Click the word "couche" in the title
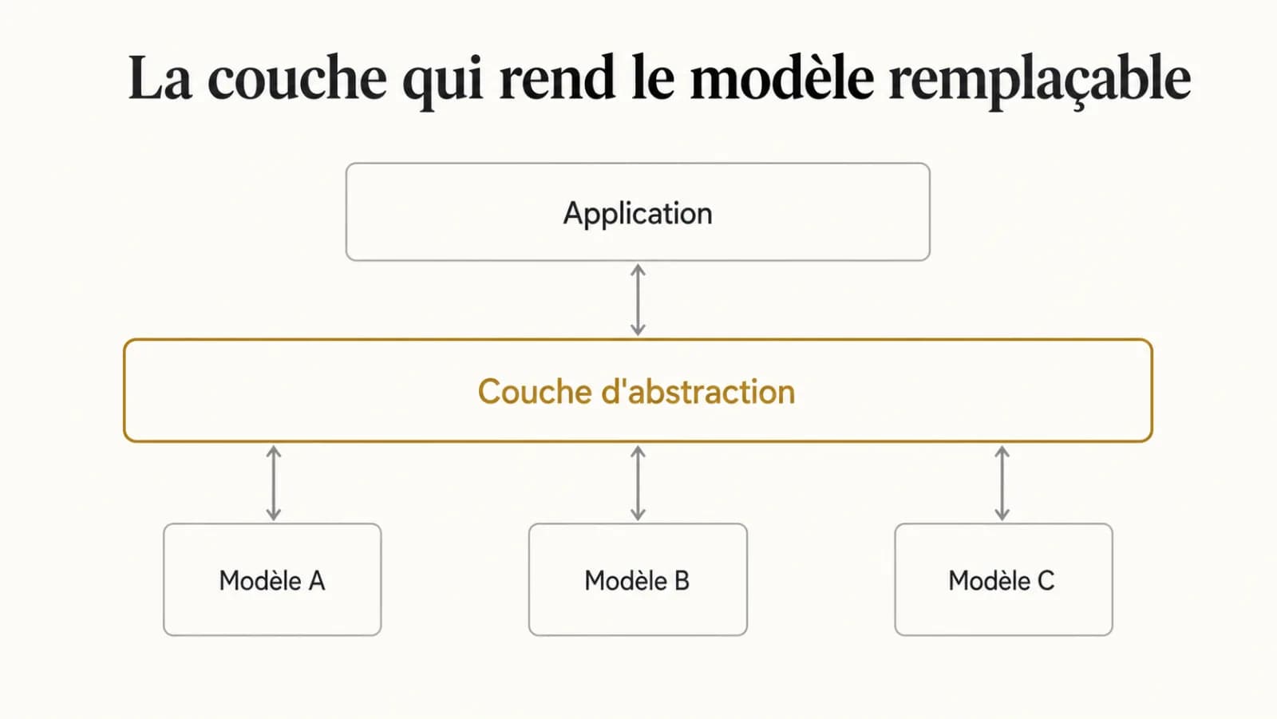[297, 78]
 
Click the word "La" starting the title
[160, 78]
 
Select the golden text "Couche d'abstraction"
[636, 392]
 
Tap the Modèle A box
[272, 579]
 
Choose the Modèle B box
[638, 579]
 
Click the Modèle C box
[1003, 579]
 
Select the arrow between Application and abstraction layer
[638, 300]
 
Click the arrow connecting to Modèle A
[274, 484]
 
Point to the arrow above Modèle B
[638, 484]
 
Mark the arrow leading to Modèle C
[1002, 484]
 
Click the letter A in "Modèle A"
[317, 581]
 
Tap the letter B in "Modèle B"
[682, 581]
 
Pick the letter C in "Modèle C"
[1046, 581]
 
